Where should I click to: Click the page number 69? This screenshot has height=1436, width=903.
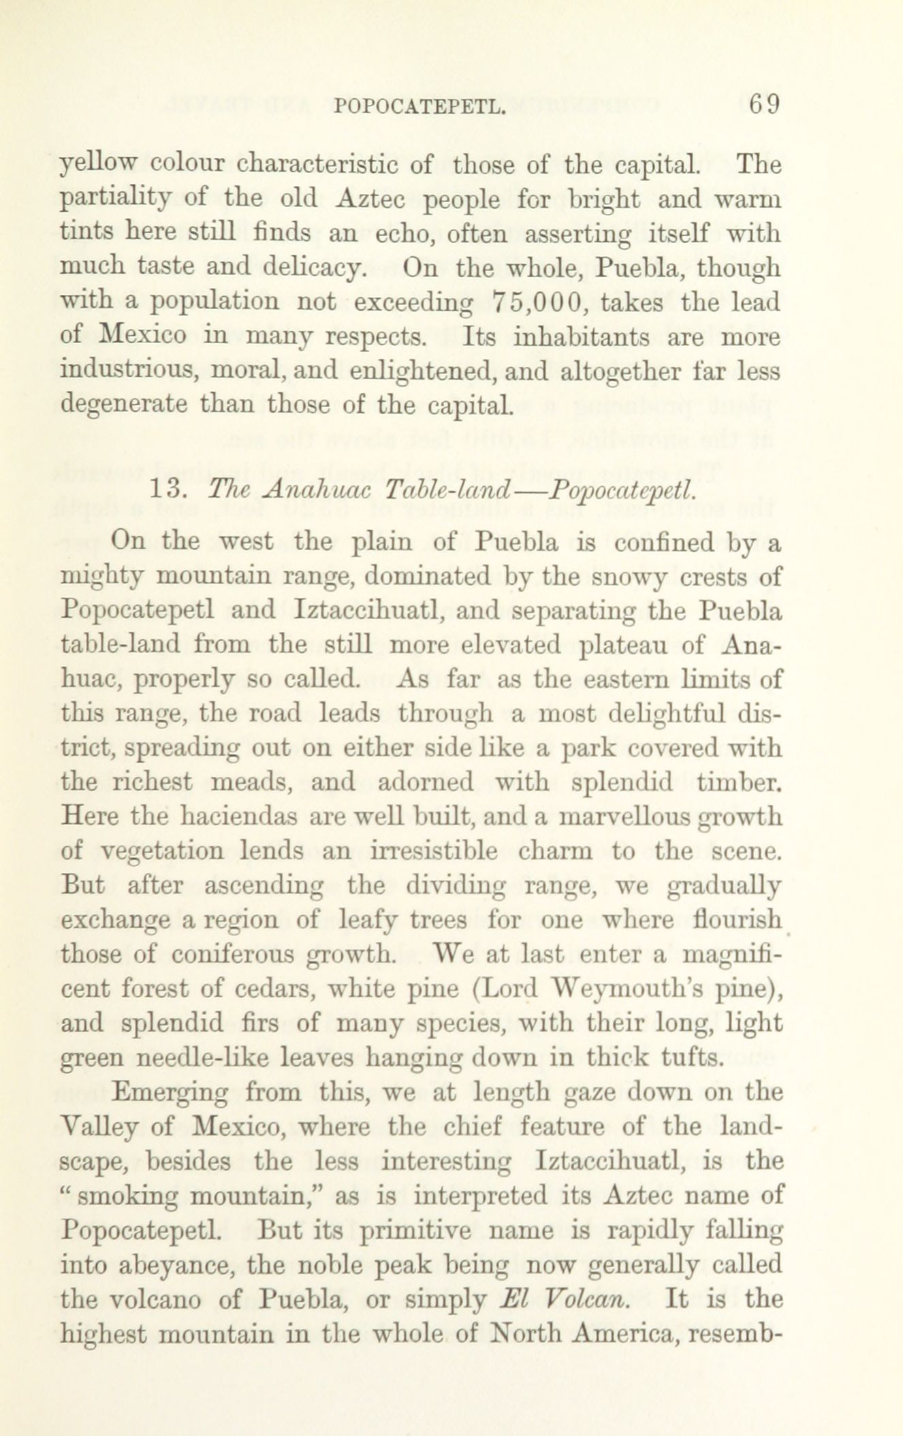(x=763, y=106)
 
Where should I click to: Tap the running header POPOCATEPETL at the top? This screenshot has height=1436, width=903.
(x=420, y=107)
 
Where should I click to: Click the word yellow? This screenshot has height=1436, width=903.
(x=98, y=165)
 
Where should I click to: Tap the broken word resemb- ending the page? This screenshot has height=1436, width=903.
(x=735, y=1333)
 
